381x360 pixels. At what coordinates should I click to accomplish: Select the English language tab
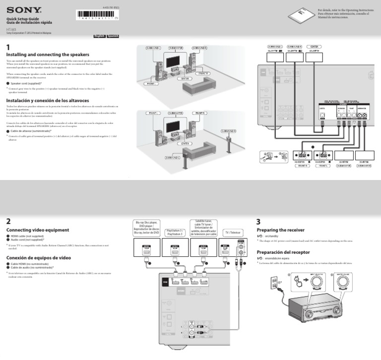99,36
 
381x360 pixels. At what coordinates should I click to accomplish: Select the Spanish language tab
113,36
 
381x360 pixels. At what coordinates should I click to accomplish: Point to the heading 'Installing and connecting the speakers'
47,54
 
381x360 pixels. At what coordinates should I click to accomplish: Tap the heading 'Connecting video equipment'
37,230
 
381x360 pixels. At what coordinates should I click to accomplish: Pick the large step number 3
258,221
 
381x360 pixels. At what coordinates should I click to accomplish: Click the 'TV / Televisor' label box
232,232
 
